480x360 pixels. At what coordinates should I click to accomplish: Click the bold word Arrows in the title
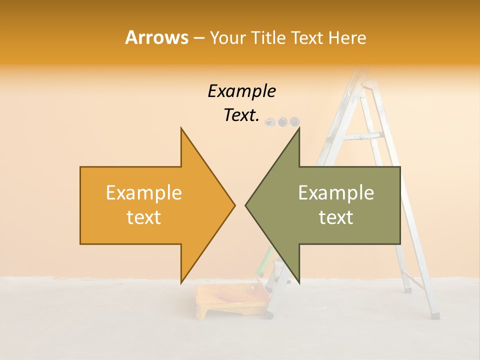156,37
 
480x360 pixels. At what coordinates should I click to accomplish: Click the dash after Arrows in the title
198,38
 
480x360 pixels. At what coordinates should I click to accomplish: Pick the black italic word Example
241,91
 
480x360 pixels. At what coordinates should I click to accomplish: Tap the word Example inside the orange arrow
144,192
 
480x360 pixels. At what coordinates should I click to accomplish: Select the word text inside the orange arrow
144,217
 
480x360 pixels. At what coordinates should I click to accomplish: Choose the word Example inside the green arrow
336,192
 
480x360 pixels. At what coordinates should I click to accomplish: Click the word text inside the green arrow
336,217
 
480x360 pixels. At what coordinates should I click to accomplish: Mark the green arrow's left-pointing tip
246,205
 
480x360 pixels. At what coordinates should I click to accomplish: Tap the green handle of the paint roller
265,260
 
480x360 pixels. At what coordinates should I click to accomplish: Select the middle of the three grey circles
282,121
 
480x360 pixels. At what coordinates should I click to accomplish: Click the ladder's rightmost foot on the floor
435,315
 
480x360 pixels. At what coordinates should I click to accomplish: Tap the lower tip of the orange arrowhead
181,281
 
